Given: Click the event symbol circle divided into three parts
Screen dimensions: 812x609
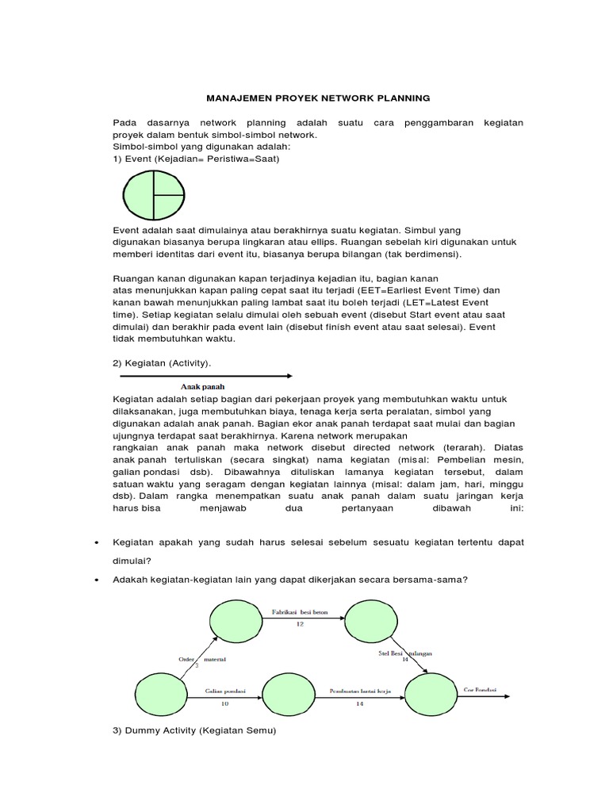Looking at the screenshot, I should tap(155, 195).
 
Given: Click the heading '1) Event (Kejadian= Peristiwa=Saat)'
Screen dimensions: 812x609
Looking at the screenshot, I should tap(196, 159).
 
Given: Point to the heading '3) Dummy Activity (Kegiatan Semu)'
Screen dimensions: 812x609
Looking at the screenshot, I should tap(194, 730).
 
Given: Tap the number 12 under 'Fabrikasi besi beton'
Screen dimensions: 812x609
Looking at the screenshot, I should tap(300, 624).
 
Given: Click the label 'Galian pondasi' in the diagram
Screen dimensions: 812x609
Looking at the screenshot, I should tap(225, 691).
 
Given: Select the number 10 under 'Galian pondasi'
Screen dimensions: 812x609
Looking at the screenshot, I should tap(224, 703).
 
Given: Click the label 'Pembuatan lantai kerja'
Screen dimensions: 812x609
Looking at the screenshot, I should tap(360, 691).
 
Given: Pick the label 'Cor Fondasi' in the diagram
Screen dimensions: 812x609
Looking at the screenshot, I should tap(480, 690).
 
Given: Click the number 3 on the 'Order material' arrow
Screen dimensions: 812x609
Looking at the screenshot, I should tap(197, 665).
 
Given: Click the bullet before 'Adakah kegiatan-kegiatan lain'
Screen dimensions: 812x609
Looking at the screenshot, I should tap(96, 579).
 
